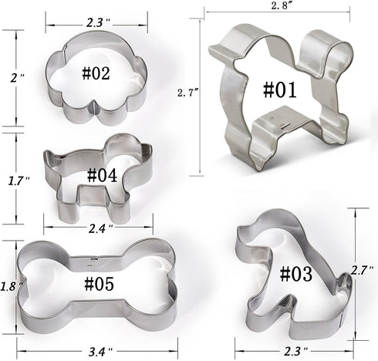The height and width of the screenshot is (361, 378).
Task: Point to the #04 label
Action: click(101, 175)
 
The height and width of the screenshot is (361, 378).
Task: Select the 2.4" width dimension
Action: click(100, 229)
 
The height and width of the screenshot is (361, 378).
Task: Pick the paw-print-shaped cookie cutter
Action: click(98, 77)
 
